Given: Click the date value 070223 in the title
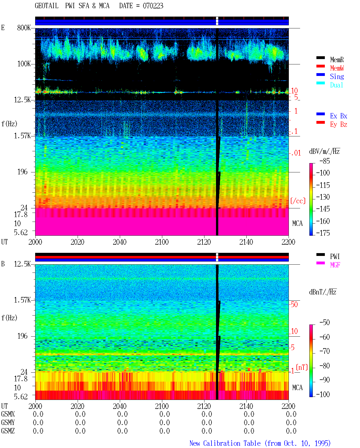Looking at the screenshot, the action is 153,6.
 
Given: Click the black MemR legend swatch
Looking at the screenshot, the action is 320,58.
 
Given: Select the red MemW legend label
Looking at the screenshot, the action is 337,68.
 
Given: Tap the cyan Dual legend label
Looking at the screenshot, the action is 336,85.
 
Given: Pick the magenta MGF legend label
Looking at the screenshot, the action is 335,265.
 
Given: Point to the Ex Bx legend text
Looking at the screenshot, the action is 338,116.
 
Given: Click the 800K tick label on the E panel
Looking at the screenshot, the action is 24,28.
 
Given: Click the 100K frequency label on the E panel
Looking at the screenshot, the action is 24,64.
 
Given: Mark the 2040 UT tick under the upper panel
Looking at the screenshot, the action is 120,242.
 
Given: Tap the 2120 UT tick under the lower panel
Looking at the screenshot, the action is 204,406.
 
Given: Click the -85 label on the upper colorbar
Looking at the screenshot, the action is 325,161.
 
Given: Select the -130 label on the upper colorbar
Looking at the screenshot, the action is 323,197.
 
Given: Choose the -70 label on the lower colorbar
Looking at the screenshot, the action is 325,351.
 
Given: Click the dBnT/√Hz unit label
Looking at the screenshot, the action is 323,292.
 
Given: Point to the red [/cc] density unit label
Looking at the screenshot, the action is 298,201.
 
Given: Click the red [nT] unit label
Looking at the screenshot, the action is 302,367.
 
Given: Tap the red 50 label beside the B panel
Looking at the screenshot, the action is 294,304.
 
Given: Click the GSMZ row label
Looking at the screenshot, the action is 8,431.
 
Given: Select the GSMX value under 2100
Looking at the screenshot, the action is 165,414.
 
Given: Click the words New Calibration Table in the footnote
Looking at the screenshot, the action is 225,443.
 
